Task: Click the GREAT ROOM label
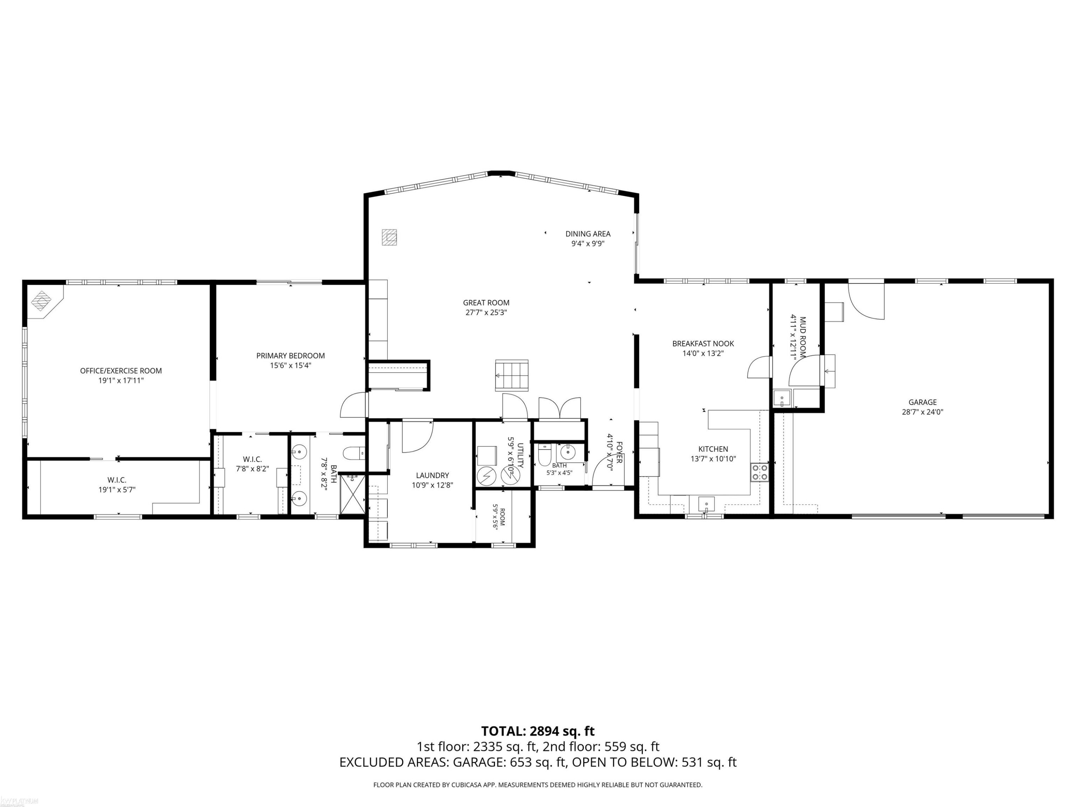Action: (486, 303)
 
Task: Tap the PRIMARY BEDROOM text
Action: (291, 355)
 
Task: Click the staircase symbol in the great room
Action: (512, 375)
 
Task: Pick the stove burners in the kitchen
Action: (759, 472)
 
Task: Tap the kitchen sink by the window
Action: (706, 504)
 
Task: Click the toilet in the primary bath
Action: (354, 453)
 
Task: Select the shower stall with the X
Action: (352, 494)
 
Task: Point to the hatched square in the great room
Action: (389, 237)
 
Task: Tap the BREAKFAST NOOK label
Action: (703, 344)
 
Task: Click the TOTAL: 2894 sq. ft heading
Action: (538, 731)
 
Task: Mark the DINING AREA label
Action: (587, 233)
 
